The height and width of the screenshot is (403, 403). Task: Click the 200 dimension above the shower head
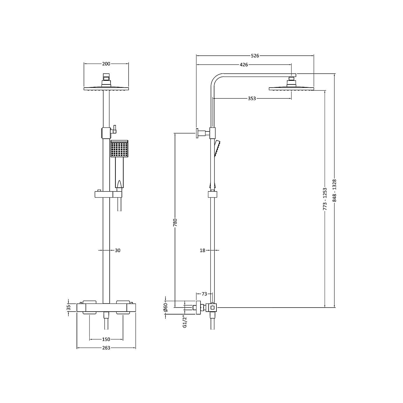point(106,64)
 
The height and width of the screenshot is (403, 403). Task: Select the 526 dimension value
point(255,56)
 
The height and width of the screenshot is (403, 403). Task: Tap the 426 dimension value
point(244,65)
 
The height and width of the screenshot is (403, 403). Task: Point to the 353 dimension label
point(252,99)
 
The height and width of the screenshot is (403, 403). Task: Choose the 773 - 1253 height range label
point(325,199)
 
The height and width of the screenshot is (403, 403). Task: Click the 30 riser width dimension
point(118,250)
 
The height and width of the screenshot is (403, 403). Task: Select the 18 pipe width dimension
point(203,250)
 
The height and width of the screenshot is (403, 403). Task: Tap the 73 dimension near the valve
point(204,294)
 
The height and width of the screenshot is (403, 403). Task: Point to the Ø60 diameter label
point(166,307)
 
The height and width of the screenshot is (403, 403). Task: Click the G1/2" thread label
point(185,321)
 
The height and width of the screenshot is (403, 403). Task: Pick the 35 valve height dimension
point(68,307)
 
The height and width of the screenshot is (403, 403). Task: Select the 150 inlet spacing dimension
point(106,339)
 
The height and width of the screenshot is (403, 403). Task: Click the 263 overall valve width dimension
point(106,348)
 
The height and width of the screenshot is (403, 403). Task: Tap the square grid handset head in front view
point(119,149)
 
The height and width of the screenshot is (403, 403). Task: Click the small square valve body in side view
point(213,308)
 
